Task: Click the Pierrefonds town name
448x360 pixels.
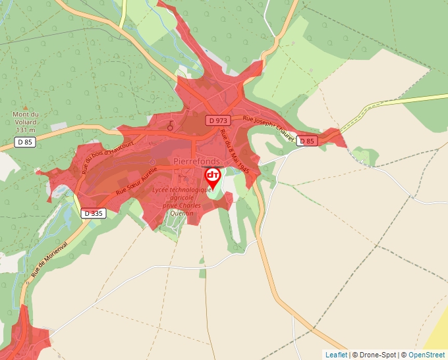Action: [x=196, y=161]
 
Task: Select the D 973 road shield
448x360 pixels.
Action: [x=218, y=120]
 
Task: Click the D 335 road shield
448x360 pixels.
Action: [x=94, y=213]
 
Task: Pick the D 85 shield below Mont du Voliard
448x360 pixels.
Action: [x=25, y=141]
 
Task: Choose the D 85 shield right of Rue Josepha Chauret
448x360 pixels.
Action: [x=306, y=141]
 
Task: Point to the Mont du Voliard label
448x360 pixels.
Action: [x=26, y=118]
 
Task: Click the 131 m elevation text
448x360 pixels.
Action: [x=26, y=130]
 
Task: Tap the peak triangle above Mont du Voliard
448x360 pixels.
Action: [x=26, y=107]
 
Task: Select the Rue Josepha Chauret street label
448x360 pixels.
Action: [x=267, y=128]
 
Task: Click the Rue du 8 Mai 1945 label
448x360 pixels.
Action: [x=235, y=150]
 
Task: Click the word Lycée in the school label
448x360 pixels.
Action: [x=162, y=190]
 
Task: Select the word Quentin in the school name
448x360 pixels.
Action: [x=181, y=213]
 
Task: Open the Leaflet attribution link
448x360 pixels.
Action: [x=336, y=355]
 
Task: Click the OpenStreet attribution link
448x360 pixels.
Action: [x=426, y=355]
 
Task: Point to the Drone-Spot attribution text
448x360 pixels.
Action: [x=375, y=355]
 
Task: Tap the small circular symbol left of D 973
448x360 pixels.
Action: [x=170, y=124]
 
